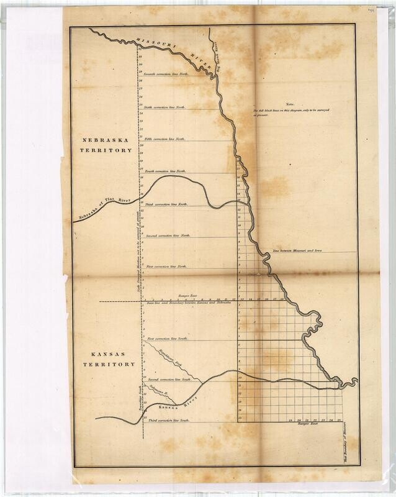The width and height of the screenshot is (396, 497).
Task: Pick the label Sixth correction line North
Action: click(164, 107)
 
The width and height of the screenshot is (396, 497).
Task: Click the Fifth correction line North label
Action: click(165, 139)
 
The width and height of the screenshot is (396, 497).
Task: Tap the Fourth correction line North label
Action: click(165, 170)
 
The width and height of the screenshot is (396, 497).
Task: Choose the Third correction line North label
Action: click(166, 204)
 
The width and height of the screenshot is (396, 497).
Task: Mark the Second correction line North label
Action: click(168, 237)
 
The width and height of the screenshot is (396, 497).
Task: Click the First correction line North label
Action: click(166, 266)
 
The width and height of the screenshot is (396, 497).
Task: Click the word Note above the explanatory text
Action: click(288, 104)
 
